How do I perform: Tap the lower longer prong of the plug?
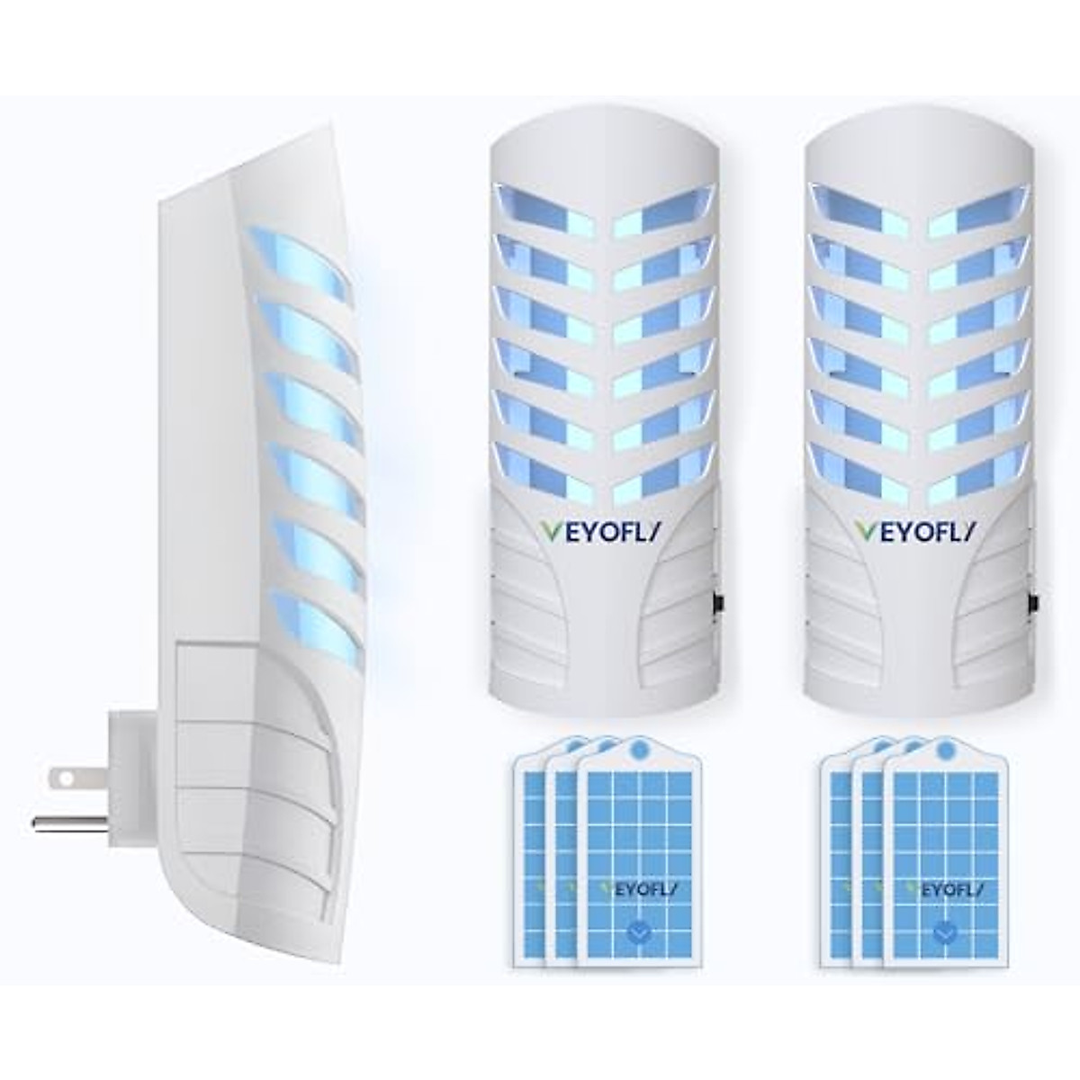[x=68, y=820]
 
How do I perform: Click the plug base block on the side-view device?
[x=135, y=765]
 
